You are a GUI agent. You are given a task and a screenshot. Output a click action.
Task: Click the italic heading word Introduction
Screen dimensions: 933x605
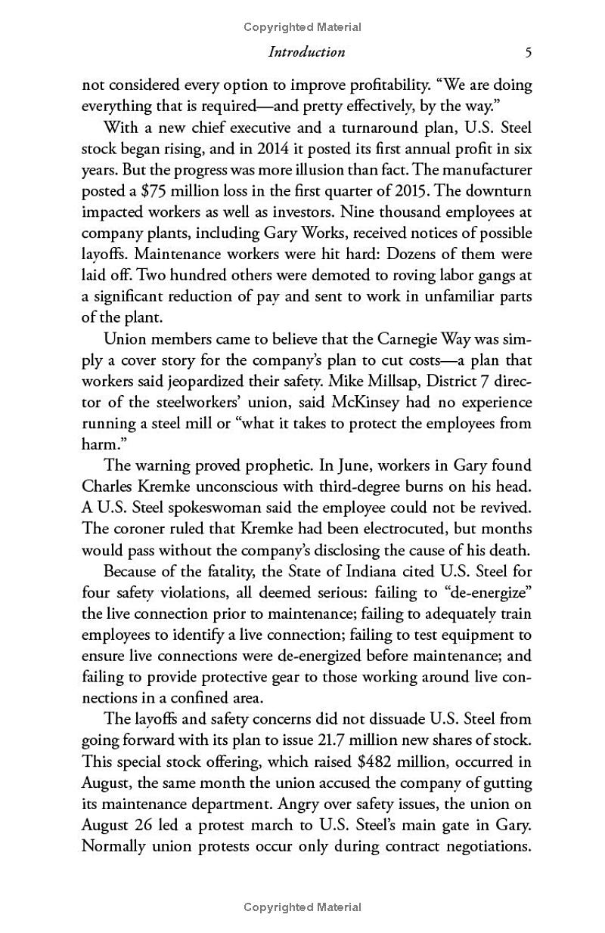click(306, 52)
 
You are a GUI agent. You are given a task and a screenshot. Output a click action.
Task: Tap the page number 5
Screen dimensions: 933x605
click(528, 52)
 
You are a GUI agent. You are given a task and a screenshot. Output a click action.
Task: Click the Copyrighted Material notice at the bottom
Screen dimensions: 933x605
click(302, 907)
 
